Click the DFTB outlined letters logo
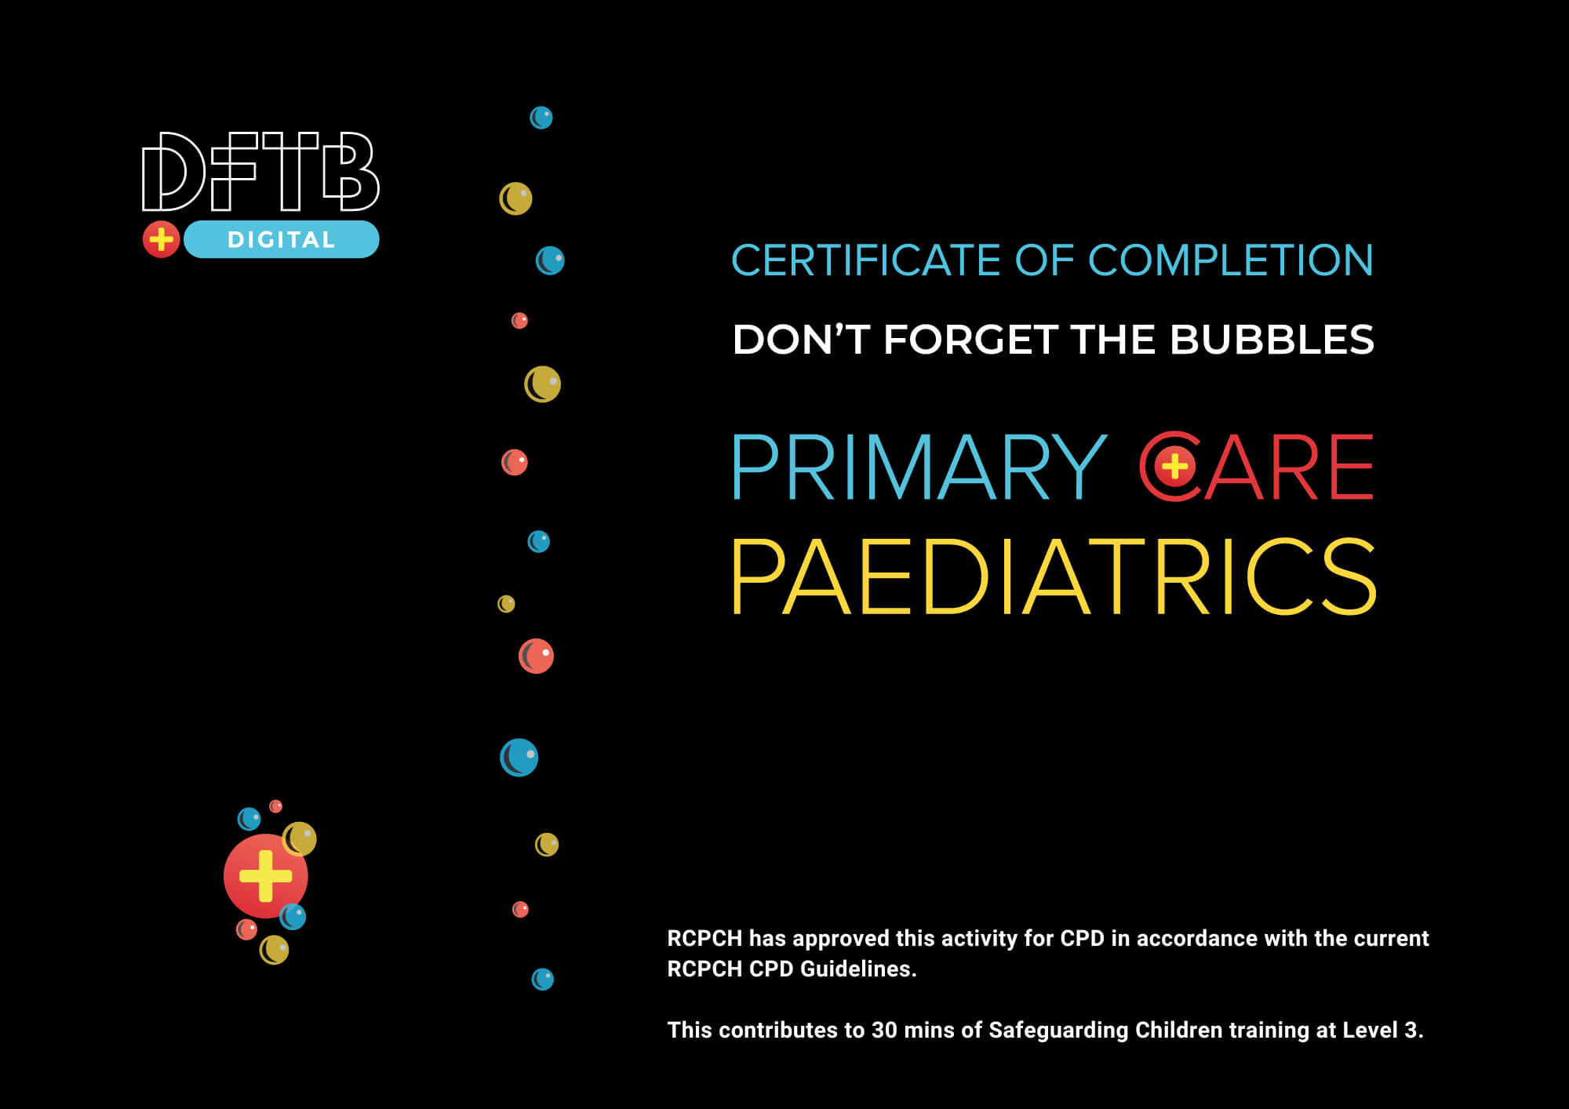point(260,171)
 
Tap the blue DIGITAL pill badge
point(282,239)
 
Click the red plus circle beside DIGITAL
point(161,239)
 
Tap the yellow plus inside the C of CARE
point(1174,467)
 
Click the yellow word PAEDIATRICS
point(1053,576)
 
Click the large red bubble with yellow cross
point(265,876)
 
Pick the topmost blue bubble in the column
point(541,118)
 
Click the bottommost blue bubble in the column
point(543,979)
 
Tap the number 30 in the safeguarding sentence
point(884,1030)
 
